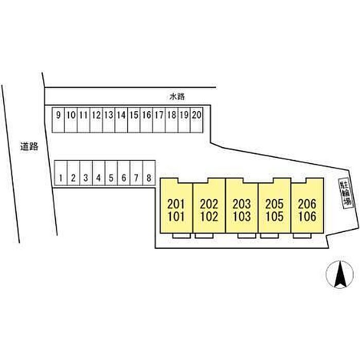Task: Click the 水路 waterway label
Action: tap(177, 97)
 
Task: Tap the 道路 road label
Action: tap(29, 147)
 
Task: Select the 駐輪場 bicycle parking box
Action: tap(346, 193)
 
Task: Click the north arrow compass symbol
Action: tap(339, 274)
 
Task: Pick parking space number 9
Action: tap(58, 120)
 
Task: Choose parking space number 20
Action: tap(196, 120)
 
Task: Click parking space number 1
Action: tap(61, 173)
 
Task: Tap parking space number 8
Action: tap(149, 173)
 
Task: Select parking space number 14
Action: tap(121, 120)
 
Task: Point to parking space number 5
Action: tap(111, 173)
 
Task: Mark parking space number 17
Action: tap(159, 120)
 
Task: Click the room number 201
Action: tap(176, 204)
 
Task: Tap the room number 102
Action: tap(209, 217)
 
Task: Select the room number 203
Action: tap(242, 204)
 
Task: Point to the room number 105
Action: tap(275, 217)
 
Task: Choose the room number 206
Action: tap(307, 204)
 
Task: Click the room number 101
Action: tap(176, 217)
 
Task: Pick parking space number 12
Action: tap(96, 120)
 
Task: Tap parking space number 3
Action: tap(86, 173)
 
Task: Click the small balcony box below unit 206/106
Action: tap(302, 236)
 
